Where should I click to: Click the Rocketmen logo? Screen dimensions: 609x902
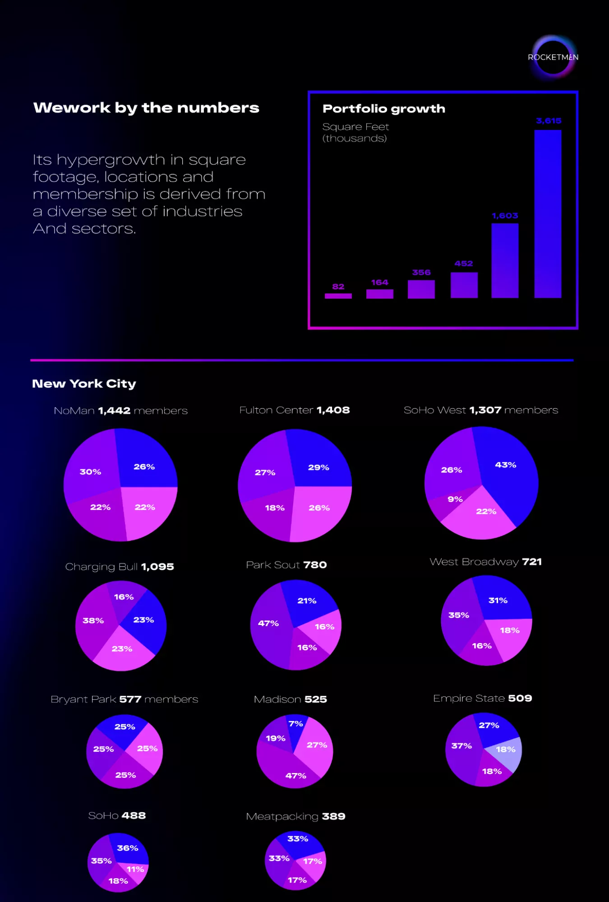554,57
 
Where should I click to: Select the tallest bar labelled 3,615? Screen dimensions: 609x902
548,214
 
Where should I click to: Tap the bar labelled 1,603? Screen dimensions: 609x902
505,260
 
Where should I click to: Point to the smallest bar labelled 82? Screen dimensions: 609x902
338,296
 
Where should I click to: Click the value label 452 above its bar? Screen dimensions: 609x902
464,264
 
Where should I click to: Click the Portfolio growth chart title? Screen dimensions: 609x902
384,109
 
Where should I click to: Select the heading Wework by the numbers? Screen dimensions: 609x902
146,108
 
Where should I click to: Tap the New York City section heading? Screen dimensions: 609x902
84,384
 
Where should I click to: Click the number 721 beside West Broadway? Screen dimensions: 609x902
532,562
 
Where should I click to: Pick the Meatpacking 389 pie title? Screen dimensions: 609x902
295,816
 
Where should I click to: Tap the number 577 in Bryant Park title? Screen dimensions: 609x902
130,699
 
